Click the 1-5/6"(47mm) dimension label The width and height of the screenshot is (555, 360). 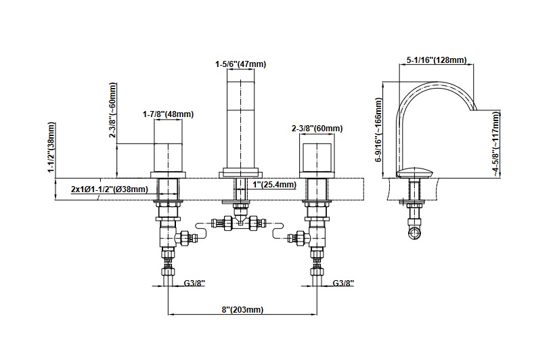pyautogui.click(x=240, y=64)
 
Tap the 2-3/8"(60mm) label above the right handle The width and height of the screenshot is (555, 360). pyautogui.click(x=317, y=129)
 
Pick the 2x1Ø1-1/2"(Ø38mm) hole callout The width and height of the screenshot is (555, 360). pyautogui.click(x=109, y=189)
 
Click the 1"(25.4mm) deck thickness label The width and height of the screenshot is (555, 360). pyautogui.click(x=274, y=185)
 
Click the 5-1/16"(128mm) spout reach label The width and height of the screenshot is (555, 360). pyautogui.click(x=437, y=60)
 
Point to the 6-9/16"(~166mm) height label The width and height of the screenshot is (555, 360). pyautogui.click(x=380, y=129)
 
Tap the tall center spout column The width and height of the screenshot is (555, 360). pyautogui.click(x=240, y=122)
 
